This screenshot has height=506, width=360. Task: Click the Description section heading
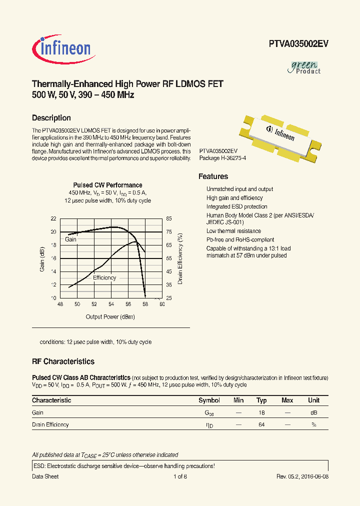tap(51, 118)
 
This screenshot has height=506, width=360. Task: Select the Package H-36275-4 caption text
tap(222, 158)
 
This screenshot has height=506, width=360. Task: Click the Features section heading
tap(213, 176)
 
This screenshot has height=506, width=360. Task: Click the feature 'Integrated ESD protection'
tap(236, 206)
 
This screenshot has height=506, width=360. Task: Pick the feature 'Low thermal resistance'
tap(233, 231)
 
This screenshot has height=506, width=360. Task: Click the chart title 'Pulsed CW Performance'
tap(107, 185)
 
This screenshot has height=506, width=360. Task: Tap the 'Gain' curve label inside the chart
tap(70, 239)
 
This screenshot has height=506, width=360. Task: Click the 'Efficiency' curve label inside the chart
tap(104, 277)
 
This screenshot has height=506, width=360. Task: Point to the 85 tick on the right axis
tap(169, 219)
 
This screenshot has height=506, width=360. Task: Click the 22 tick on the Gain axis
tap(53, 219)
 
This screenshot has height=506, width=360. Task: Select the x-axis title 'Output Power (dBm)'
tap(110, 316)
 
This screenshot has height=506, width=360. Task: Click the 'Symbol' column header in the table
tap(209, 400)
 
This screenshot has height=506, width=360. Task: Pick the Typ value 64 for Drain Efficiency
tap(261, 424)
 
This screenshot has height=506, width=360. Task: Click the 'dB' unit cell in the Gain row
tap(313, 413)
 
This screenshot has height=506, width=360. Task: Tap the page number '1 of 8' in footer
tap(180, 476)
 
